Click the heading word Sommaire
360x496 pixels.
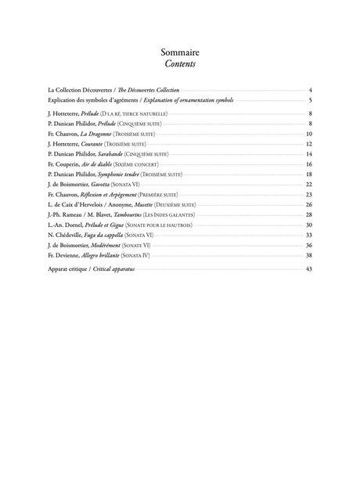tap(180, 52)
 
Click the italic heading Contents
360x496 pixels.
tap(180, 64)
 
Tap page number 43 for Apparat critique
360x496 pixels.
tap(309, 268)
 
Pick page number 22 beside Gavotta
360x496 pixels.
tap(309, 185)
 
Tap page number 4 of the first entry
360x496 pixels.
tap(311, 91)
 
